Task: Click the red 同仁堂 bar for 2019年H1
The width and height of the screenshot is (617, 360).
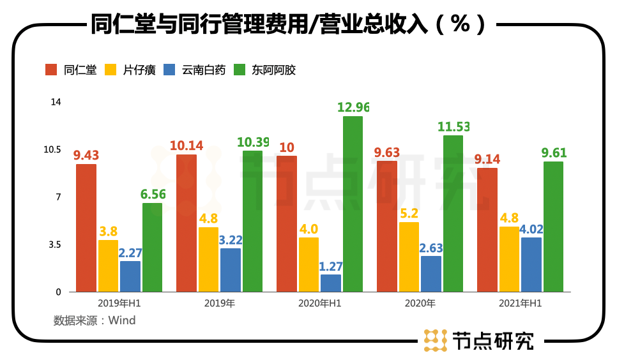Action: point(86,228)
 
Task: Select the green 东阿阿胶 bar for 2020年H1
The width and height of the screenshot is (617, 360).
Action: point(352,204)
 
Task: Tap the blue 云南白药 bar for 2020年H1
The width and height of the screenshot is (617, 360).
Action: point(330,283)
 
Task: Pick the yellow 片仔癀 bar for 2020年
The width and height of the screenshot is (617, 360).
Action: point(409,257)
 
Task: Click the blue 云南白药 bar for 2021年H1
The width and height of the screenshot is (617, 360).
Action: point(531,264)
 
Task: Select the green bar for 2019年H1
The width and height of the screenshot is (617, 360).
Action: point(152,247)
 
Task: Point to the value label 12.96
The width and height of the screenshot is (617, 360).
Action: point(353,107)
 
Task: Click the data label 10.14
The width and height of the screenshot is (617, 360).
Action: point(187,146)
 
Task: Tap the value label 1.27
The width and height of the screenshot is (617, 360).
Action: point(330,265)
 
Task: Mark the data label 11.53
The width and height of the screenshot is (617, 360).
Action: point(453,126)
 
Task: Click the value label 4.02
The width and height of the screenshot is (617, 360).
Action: point(531,229)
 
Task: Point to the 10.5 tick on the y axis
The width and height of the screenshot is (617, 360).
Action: point(52,149)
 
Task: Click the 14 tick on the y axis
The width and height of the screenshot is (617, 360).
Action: point(56,102)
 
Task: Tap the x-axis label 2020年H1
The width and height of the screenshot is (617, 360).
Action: point(319,303)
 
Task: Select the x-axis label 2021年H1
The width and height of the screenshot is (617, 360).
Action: point(521,303)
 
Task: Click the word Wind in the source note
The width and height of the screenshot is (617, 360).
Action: point(122,320)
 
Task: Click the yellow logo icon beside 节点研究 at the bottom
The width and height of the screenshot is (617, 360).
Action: point(434,340)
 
